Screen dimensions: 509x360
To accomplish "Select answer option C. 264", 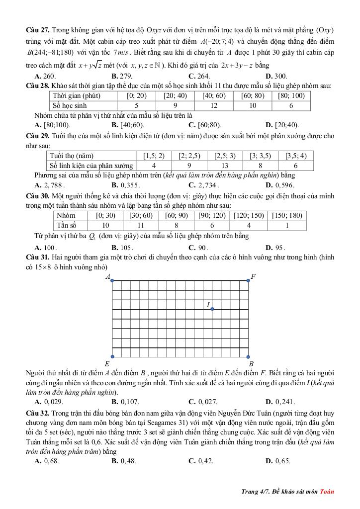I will tap(199, 76).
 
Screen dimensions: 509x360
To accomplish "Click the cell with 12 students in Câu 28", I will tap(214, 105).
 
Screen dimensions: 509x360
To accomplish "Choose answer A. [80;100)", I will tap(52, 125).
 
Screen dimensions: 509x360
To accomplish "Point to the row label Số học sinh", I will tap(70, 105).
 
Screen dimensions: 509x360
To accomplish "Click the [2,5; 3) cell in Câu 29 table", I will tap(225, 156).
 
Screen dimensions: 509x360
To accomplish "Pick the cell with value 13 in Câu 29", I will tap(225, 166).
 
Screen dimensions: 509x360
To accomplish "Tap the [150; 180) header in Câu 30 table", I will tap(287, 215).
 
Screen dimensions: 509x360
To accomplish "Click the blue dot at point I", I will tap(212, 309).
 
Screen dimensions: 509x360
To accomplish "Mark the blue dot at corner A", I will tap(112, 281).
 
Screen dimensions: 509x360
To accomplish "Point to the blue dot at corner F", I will tap(249, 281).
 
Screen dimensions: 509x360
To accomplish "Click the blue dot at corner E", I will tap(112, 356).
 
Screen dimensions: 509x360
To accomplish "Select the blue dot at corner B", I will tap(249, 356).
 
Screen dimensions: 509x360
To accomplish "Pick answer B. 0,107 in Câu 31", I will tap(123, 401).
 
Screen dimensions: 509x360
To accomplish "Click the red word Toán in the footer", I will tap(327, 492).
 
